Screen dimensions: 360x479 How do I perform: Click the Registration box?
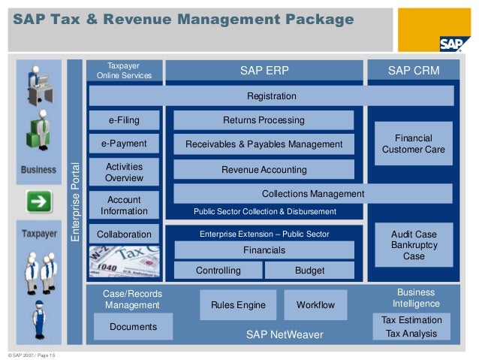271,96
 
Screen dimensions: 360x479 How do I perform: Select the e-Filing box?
124,120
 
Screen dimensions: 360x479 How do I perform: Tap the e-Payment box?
124,144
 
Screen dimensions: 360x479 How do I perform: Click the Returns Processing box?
264,120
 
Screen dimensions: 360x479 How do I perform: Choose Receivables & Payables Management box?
264,144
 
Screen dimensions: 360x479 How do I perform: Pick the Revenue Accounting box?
264,170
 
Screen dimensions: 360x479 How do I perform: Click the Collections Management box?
312,194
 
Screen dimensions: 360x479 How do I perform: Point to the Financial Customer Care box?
413,144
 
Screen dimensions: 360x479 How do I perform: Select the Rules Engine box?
238,305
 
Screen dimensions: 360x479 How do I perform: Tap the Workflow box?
315,305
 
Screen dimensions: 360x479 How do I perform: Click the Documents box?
133,327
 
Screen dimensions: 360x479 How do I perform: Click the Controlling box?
218,271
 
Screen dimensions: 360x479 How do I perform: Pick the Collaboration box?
124,234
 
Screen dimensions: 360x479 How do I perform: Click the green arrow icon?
38,201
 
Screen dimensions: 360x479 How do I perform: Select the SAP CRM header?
413,71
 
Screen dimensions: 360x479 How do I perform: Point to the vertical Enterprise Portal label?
74,201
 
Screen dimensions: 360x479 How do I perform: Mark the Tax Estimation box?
412,320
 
